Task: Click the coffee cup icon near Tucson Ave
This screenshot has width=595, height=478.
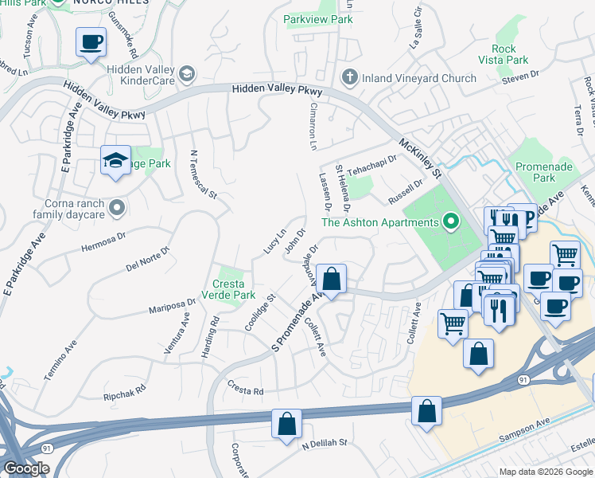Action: [91, 41]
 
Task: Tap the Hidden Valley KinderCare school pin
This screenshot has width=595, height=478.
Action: [187, 74]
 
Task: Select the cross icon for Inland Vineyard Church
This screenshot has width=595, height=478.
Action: [348, 78]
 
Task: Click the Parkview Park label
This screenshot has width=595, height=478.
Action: [318, 19]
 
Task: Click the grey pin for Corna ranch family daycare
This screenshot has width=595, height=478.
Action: [118, 209]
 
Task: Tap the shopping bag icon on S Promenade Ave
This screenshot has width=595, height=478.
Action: [332, 280]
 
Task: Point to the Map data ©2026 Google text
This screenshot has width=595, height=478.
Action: [545, 472]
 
